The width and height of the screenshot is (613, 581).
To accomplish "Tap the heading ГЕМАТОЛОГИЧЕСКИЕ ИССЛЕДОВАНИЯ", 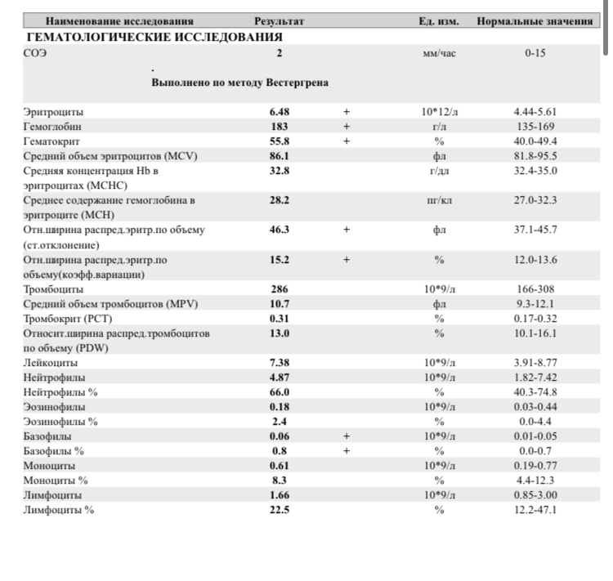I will coord(154,37).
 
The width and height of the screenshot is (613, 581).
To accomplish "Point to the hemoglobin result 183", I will coord(279,127).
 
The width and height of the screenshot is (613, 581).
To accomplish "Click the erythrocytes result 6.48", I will coord(279,112).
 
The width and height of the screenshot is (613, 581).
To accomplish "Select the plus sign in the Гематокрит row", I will coord(346,141).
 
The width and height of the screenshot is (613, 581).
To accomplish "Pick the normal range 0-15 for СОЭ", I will coord(535,53).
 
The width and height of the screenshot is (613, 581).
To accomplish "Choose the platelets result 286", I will coord(279,289).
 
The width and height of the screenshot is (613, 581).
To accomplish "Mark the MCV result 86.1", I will coord(280,155).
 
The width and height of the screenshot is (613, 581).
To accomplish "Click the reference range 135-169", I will coord(535,127).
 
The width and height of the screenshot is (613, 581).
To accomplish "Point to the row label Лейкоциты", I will coord(51,363).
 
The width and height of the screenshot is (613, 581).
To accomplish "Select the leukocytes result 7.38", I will coord(280,363).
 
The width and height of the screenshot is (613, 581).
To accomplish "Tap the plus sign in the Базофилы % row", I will coord(346,451).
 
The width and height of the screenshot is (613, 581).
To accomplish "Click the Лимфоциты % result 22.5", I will coord(280,510).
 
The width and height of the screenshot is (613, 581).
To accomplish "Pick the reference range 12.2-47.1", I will coord(535,510).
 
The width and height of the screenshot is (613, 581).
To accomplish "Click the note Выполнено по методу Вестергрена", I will coord(240,83).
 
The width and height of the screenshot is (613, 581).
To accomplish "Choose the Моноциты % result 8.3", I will coord(280,480).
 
